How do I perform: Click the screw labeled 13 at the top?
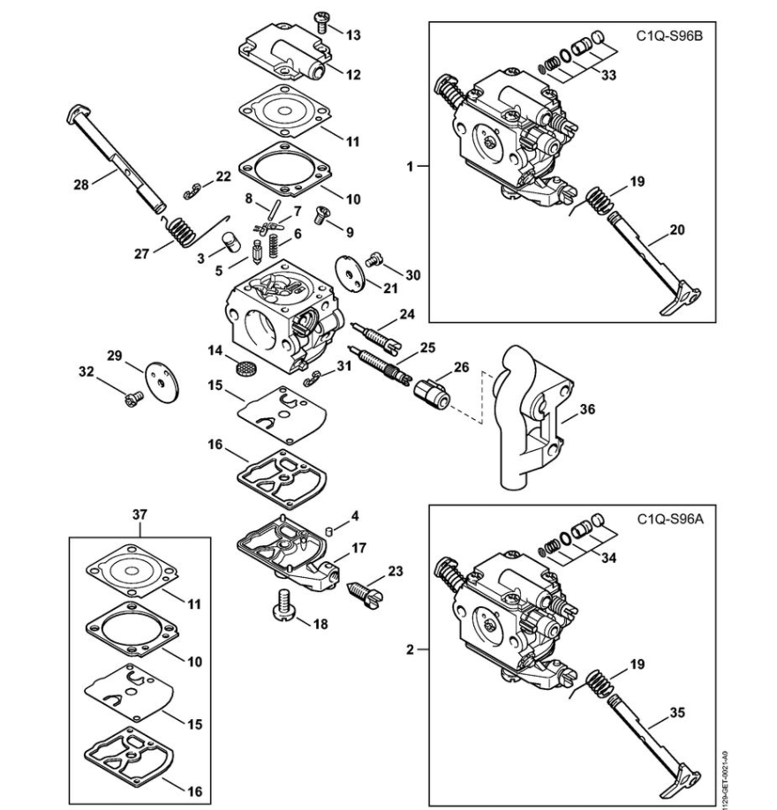(x=321, y=22)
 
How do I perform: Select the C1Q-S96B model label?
(x=669, y=36)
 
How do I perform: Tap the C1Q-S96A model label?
(x=670, y=519)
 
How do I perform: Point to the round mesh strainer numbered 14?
(x=244, y=369)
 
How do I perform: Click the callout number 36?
(x=587, y=409)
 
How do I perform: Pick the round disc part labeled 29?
(x=162, y=380)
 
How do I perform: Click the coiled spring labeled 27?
(x=181, y=230)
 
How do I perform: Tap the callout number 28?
(x=81, y=184)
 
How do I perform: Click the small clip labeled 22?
(x=192, y=191)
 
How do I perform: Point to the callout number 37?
(x=140, y=515)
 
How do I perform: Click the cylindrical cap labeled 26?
(x=432, y=394)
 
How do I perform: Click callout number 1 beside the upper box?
(x=411, y=167)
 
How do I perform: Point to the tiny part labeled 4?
(x=328, y=529)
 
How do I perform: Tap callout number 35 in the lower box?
(x=677, y=714)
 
